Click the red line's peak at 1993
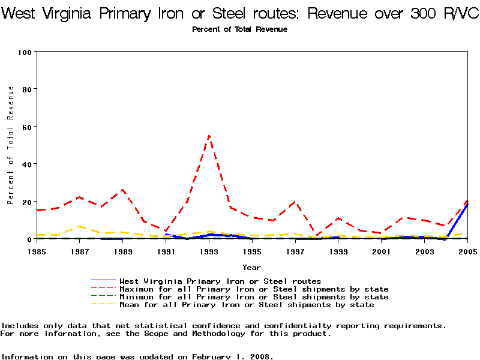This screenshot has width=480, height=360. (209, 136)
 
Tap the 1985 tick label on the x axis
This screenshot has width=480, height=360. (37, 251)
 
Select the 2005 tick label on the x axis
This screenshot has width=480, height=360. (467, 251)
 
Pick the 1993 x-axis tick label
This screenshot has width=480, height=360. (209, 251)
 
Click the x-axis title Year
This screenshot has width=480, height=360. (251, 267)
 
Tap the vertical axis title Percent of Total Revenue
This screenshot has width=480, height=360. (11, 145)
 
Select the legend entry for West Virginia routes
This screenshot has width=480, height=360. (220, 281)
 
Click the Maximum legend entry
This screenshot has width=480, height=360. (254, 289)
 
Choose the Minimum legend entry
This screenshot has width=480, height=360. (254, 297)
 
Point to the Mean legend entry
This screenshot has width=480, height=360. (247, 305)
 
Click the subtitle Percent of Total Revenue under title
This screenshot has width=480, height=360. (239, 29)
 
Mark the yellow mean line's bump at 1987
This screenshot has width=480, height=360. (80, 227)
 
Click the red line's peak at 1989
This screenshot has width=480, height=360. (123, 190)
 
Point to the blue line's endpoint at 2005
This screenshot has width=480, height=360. (467, 204)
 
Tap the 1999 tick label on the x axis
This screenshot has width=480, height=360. (338, 251)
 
